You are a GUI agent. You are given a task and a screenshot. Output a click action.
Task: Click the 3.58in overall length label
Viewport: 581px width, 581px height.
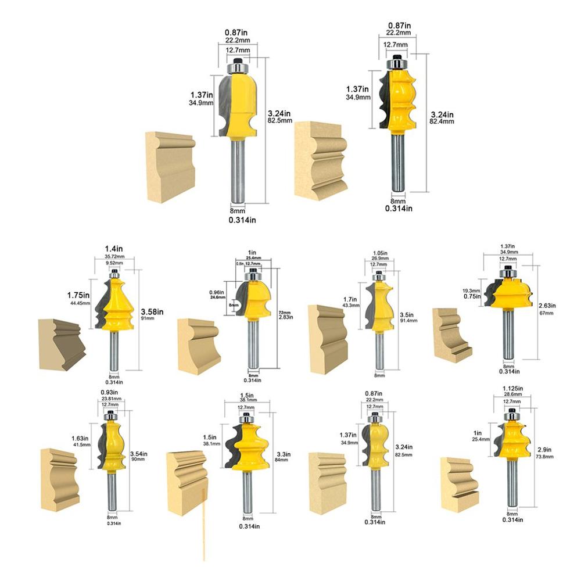(x=152, y=311)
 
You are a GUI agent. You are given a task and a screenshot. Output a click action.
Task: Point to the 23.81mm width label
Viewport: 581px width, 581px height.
(x=110, y=399)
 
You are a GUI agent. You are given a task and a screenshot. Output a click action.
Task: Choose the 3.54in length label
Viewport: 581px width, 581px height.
(x=139, y=453)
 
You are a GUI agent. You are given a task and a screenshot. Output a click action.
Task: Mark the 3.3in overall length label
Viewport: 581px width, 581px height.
(x=283, y=454)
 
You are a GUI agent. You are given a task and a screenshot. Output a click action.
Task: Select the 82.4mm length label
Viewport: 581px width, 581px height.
(x=442, y=122)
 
